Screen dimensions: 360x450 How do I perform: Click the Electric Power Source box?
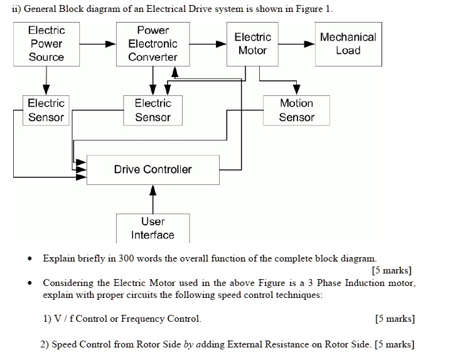tap(46, 44)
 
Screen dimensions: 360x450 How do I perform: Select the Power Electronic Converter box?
tap(153, 44)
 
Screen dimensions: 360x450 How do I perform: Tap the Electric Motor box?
tap(252, 44)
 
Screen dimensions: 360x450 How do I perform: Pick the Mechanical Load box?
tap(348, 44)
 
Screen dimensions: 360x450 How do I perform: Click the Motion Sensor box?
tap(296, 110)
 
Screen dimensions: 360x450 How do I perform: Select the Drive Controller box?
tap(153, 169)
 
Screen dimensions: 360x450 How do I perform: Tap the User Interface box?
tap(153, 228)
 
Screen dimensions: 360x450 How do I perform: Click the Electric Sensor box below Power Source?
tap(46, 110)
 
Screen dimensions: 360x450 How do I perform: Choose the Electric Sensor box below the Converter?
tap(153, 110)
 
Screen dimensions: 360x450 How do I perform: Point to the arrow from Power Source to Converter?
tap(97, 45)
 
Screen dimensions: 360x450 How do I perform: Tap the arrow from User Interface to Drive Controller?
tap(153, 199)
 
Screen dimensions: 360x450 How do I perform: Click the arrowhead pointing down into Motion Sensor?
tap(296, 90)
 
